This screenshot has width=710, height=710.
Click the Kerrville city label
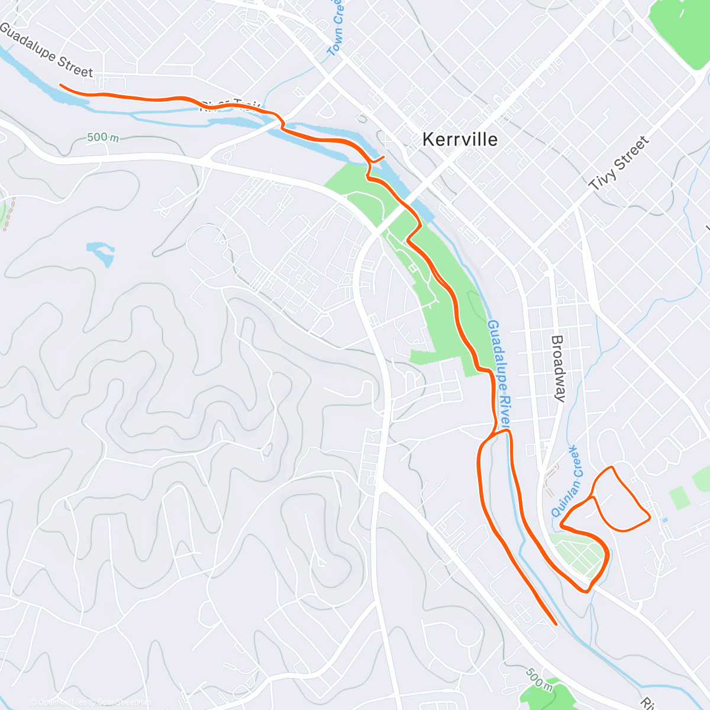[460, 140]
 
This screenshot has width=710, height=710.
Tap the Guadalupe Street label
[46, 50]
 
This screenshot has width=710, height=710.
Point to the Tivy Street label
[619, 163]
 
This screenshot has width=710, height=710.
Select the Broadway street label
[558, 368]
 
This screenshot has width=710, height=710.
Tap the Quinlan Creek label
[567, 482]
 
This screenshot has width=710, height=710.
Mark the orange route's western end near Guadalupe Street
[61, 85]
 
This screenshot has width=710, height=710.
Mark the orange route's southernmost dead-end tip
[556, 624]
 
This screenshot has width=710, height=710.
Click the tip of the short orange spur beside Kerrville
[384, 157]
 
